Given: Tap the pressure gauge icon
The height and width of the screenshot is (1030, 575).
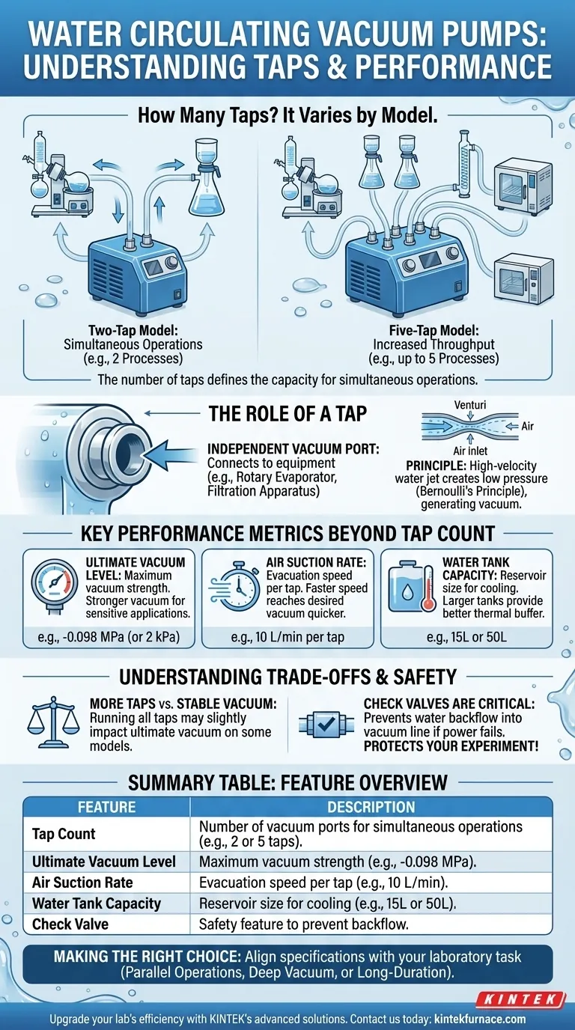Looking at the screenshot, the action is click(54, 586).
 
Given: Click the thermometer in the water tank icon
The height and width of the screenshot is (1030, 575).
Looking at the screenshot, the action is click(428, 588).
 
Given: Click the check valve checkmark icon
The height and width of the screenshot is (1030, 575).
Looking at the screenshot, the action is click(326, 725).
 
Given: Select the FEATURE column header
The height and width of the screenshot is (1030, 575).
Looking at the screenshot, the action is click(107, 807).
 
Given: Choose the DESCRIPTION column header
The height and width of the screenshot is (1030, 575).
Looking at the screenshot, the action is click(371, 807).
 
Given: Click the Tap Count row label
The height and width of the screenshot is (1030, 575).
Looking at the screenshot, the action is click(64, 834).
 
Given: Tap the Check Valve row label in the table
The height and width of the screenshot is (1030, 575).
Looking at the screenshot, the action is click(70, 924).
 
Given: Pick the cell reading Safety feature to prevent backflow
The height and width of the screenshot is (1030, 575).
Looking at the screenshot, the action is click(304, 924).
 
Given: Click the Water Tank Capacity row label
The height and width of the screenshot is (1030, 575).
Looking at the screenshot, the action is click(97, 903).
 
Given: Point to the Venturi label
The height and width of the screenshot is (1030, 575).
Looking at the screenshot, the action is click(469, 405).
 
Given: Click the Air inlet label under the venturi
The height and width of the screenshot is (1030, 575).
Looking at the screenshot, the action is click(470, 451).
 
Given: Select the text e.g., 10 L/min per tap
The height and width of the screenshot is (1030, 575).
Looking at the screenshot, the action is click(287, 637).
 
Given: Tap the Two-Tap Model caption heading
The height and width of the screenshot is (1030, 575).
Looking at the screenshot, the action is click(133, 330).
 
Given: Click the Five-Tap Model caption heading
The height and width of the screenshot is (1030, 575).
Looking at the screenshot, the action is click(433, 330).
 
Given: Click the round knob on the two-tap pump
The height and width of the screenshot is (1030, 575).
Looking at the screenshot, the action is click(171, 263).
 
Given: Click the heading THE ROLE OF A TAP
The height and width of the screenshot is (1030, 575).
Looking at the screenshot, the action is click(288, 414).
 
